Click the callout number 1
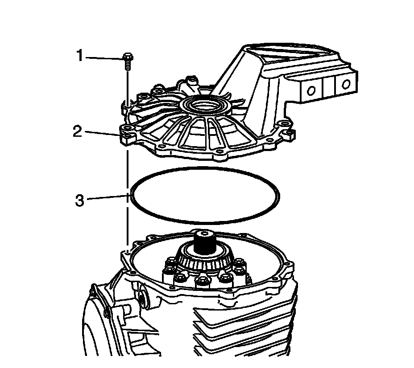pos(80,57)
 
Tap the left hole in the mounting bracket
pos(311,90)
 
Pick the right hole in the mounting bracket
pos(346,84)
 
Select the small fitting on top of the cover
pos(191,81)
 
